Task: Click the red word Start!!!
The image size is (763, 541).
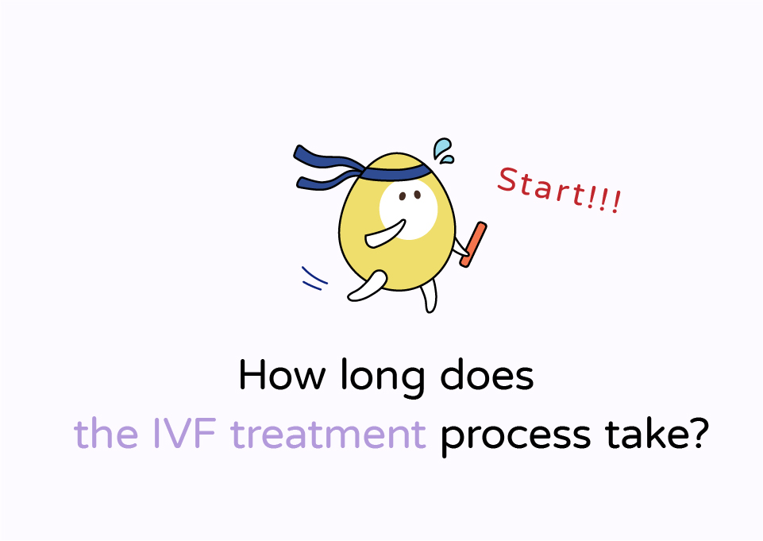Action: click(x=559, y=190)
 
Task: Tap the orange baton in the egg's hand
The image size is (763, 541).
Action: click(x=473, y=245)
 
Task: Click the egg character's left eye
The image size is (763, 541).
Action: click(x=403, y=196)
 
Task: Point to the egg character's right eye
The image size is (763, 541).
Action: click(x=417, y=195)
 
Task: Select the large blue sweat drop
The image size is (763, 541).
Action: click(x=441, y=148)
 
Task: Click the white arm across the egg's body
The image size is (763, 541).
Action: click(x=385, y=234)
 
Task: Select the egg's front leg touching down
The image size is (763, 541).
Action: click(x=429, y=296)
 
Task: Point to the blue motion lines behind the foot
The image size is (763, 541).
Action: click(x=314, y=279)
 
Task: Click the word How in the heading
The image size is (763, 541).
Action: click(x=282, y=375)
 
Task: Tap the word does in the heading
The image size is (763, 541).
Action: click(x=487, y=374)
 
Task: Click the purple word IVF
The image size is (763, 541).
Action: click(x=184, y=433)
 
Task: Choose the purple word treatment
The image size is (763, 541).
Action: click(x=328, y=434)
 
